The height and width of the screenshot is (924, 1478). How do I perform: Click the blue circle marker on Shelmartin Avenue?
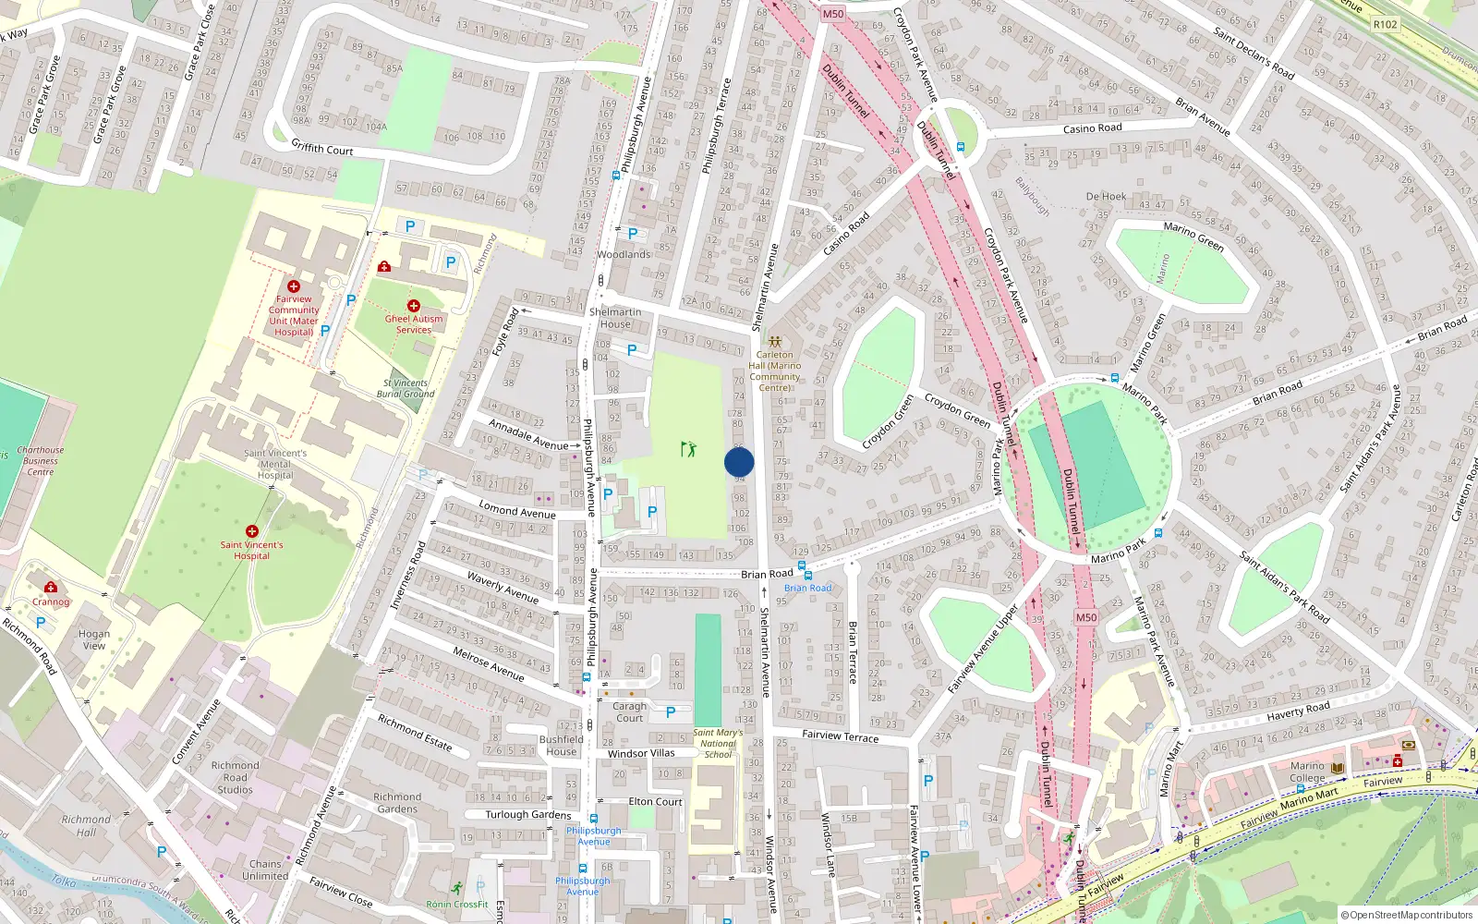[739, 462]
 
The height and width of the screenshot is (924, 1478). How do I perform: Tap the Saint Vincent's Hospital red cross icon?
[251, 531]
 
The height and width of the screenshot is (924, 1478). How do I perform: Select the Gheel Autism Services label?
[414, 324]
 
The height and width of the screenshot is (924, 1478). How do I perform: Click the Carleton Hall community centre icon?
[774, 342]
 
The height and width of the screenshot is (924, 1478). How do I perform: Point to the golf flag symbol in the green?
[688, 449]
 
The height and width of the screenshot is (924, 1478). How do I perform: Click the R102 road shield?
[1385, 24]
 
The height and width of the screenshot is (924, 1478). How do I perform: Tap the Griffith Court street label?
[322, 148]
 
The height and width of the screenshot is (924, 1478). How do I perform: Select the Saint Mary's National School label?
[718, 744]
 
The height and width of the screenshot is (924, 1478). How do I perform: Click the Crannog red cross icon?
[51, 587]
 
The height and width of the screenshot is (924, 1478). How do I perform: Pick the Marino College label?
[1307, 772]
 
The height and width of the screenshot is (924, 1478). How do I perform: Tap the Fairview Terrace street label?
[841, 736]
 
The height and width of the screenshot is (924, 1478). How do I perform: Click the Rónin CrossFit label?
[457, 904]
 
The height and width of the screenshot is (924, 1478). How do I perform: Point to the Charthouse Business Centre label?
[41, 461]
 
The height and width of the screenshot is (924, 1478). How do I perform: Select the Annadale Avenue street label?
[528, 435]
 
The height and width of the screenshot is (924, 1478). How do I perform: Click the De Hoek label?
[1106, 197]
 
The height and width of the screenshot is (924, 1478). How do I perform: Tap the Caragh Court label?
[630, 711]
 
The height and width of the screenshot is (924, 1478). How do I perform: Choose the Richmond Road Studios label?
[235, 777]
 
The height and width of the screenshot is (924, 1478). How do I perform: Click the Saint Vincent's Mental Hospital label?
[275, 464]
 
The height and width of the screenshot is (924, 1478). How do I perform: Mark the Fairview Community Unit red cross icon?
[294, 286]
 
